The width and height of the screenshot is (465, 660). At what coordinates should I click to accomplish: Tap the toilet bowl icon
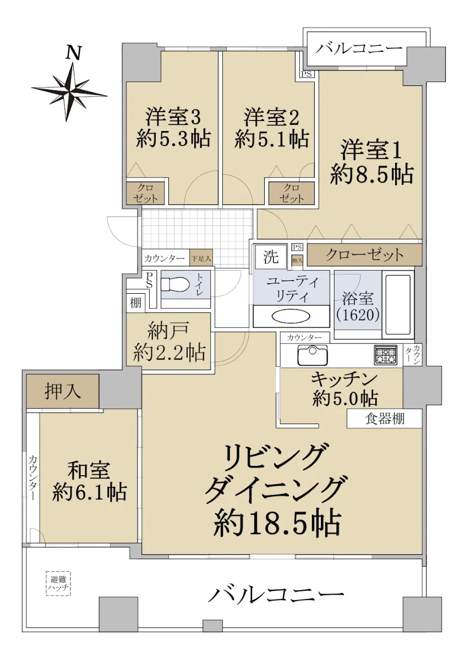click(x=175, y=285)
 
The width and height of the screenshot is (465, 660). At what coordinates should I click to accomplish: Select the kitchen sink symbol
click(x=312, y=354)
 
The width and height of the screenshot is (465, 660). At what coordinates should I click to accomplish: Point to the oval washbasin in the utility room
click(x=291, y=317)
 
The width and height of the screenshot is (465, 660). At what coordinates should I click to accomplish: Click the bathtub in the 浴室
click(x=398, y=305)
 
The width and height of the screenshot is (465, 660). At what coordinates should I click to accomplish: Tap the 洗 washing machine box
click(x=271, y=256)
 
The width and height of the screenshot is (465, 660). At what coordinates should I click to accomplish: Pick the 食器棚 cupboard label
click(x=385, y=419)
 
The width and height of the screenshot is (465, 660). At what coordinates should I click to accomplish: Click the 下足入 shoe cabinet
click(x=201, y=258)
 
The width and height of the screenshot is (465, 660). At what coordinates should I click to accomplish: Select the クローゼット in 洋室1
click(x=365, y=255)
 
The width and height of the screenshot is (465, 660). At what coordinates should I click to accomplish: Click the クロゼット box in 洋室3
click(x=145, y=193)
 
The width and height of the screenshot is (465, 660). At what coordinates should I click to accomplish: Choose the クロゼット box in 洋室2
click(x=292, y=193)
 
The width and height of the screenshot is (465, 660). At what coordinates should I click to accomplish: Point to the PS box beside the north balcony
click(x=307, y=74)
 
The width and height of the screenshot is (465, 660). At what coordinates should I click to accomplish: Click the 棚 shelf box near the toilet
click(x=135, y=302)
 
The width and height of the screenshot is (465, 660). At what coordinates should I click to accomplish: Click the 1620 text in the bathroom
click(x=357, y=316)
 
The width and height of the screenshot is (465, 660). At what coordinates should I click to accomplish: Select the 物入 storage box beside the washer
click(x=297, y=261)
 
